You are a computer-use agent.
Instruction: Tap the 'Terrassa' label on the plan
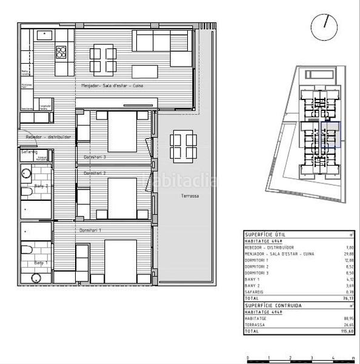coord(190,196)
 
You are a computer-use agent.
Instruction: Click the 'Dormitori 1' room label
coord(90,230)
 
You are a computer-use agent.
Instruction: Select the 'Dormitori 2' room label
coord(95,174)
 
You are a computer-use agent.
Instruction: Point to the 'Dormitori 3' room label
coord(95,157)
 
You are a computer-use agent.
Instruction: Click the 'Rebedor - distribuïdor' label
coord(48,137)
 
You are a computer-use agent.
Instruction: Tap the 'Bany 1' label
coord(41,263)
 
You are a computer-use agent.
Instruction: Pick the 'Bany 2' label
coord(41,186)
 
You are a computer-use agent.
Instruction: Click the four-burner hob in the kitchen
coord(61,52)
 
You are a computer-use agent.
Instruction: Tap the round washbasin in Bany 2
coord(25,174)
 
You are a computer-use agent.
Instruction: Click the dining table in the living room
coord(104,60)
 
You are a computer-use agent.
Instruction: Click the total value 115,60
coord(347,332)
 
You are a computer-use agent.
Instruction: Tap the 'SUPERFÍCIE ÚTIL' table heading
coord(265,234)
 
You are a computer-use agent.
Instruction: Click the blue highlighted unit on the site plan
coord(332,135)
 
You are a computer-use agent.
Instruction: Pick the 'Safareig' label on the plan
coord(28,152)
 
